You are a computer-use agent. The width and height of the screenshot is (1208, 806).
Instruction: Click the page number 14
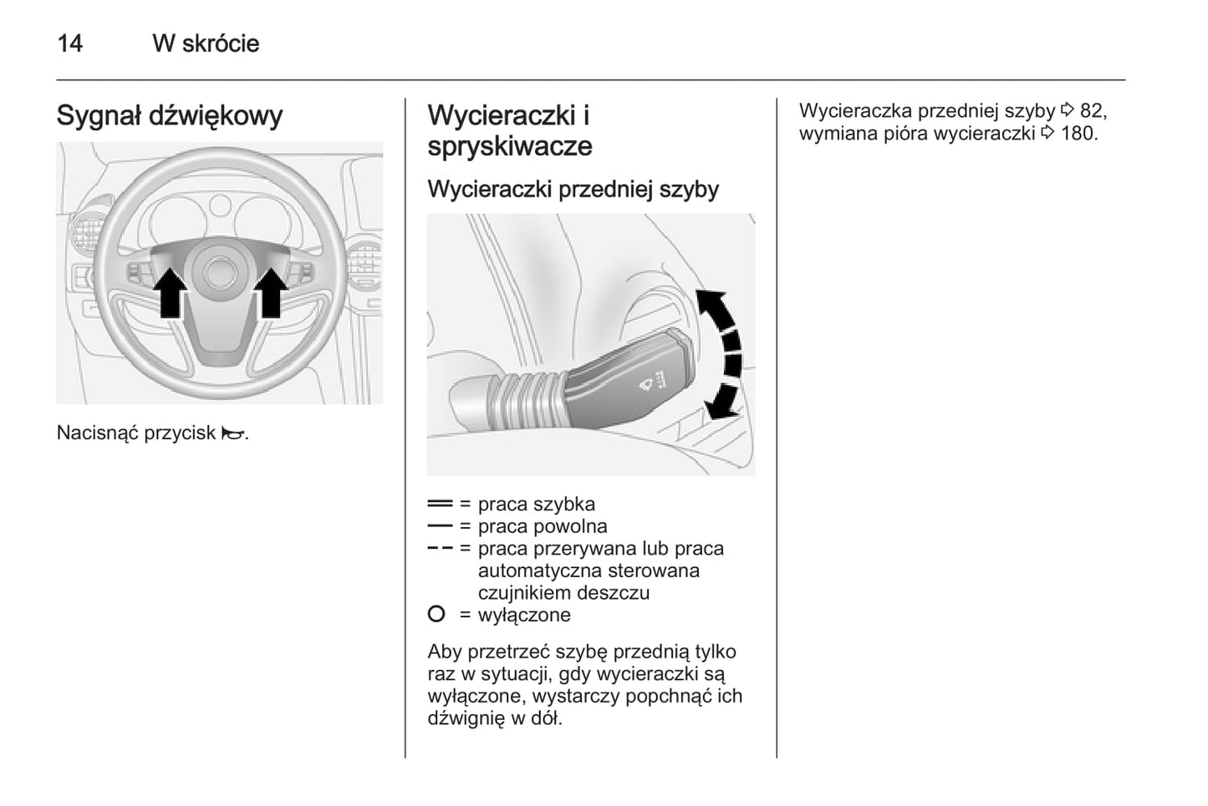pyautogui.click(x=69, y=43)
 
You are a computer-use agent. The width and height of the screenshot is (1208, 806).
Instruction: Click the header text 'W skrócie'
pyautogui.click(x=206, y=43)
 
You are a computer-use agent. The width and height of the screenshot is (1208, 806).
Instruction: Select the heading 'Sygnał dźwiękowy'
pyautogui.click(x=170, y=115)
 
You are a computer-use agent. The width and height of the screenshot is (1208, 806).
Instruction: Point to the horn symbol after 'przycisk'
pyautogui.click(x=233, y=433)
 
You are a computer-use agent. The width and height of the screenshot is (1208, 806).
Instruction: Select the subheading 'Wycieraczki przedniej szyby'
pyautogui.click(x=573, y=190)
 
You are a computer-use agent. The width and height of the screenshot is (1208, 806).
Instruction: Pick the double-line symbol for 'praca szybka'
pyautogui.click(x=440, y=504)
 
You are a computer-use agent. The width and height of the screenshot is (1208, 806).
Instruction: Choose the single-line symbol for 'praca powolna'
pyautogui.click(x=440, y=526)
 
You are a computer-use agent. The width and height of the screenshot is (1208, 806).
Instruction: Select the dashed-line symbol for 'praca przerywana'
pyautogui.click(x=440, y=549)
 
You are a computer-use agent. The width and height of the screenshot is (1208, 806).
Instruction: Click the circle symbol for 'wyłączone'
pyautogui.click(x=436, y=615)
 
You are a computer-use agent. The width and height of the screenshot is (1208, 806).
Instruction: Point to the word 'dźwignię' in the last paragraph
pyautogui.click(x=466, y=717)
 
